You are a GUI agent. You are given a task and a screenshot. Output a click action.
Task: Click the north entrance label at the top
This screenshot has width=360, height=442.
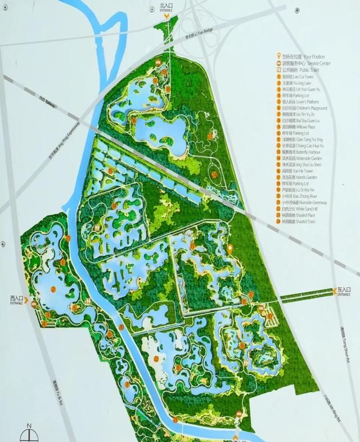point(166,8)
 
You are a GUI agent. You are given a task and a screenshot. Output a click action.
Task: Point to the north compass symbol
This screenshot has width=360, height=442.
point(29,432)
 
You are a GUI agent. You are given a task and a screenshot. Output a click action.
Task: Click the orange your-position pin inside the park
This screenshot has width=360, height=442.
point(230,248)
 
